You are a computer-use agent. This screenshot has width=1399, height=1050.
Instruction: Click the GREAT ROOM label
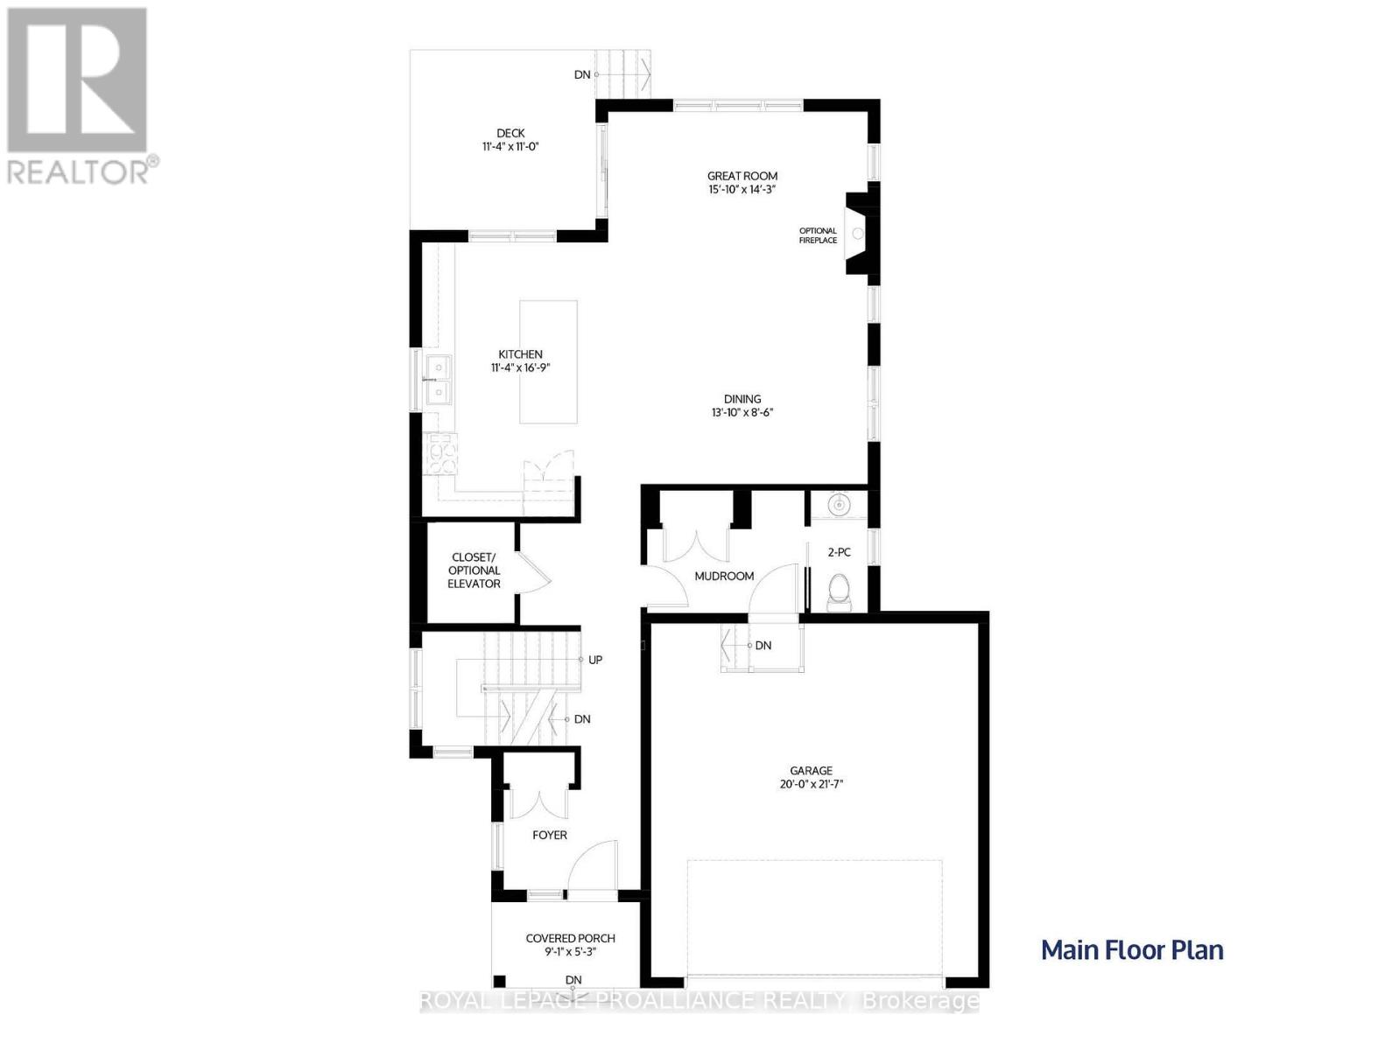pyautogui.click(x=742, y=176)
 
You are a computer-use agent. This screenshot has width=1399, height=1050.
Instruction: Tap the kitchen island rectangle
pyautogui.click(x=548, y=361)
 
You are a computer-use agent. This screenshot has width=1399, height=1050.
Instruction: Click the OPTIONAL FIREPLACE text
pyautogui.click(x=818, y=235)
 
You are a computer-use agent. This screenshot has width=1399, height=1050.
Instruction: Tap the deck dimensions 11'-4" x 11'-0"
pyautogui.click(x=510, y=147)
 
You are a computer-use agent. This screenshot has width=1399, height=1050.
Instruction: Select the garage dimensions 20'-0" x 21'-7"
pyautogui.click(x=811, y=784)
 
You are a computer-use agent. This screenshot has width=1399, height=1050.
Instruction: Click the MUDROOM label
pyautogui.click(x=724, y=576)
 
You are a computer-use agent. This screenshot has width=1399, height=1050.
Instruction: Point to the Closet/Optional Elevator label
pyautogui.click(x=474, y=570)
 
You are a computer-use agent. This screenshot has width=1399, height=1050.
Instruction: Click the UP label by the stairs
pyautogui.click(x=595, y=660)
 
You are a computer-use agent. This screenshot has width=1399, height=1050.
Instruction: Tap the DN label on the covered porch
pyautogui.click(x=573, y=979)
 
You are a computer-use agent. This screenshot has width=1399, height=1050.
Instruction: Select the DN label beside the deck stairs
pyautogui.click(x=582, y=74)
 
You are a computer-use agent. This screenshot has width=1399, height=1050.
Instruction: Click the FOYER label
pyautogui.click(x=550, y=835)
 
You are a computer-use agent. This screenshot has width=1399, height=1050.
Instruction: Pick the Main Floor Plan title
pyautogui.click(x=1132, y=950)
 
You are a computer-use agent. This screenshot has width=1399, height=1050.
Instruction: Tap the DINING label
pyautogui.click(x=742, y=399)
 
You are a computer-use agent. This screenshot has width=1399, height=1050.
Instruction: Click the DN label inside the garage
pyautogui.click(x=763, y=646)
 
